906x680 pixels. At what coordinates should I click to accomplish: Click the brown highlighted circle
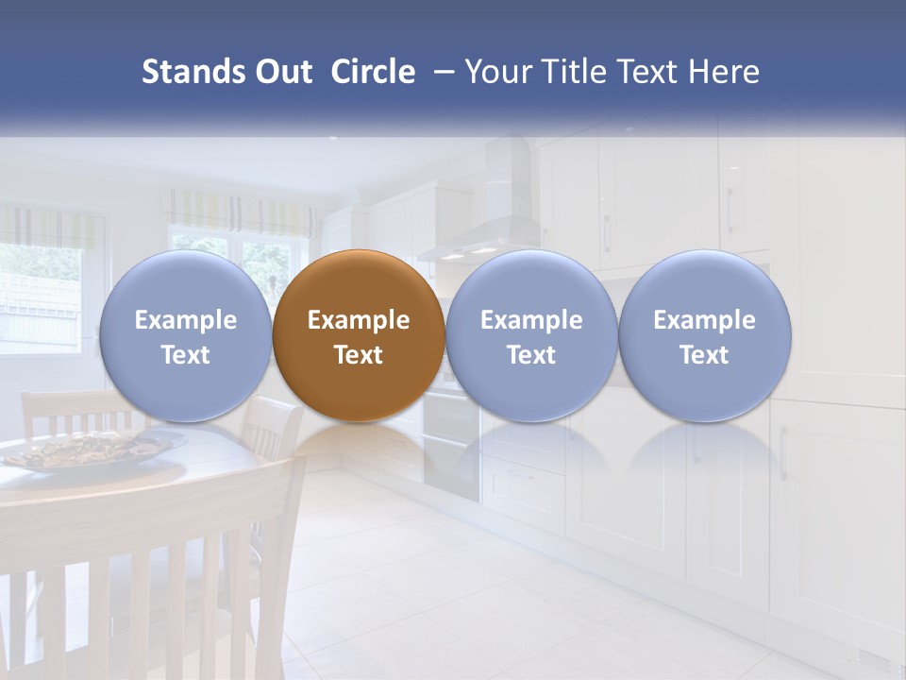(359, 335)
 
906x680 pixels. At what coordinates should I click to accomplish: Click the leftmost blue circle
(185, 335)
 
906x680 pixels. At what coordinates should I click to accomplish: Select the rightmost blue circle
(704, 335)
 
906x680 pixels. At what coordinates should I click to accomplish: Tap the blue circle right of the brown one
(531, 335)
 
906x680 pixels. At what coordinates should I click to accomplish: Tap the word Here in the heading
(724, 73)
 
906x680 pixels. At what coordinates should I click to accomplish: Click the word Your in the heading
(497, 73)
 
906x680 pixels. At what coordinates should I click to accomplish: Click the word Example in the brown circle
(359, 320)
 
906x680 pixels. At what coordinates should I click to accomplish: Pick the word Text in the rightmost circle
(704, 355)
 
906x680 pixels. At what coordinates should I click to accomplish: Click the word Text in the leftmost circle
(185, 355)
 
